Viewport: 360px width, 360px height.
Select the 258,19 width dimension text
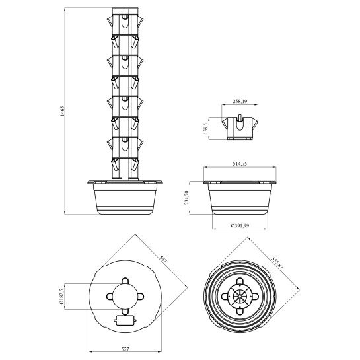click(x=240, y=101)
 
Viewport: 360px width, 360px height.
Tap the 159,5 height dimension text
click(x=205, y=128)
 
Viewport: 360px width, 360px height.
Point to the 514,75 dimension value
click(x=240, y=164)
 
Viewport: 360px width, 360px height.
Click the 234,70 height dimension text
click(x=186, y=198)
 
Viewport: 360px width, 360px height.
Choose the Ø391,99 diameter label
click(x=240, y=225)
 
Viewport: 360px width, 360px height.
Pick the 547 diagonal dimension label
click(x=163, y=260)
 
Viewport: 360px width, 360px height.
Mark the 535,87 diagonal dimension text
click(x=278, y=262)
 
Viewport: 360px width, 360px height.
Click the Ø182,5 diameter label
click(x=61, y=296)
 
